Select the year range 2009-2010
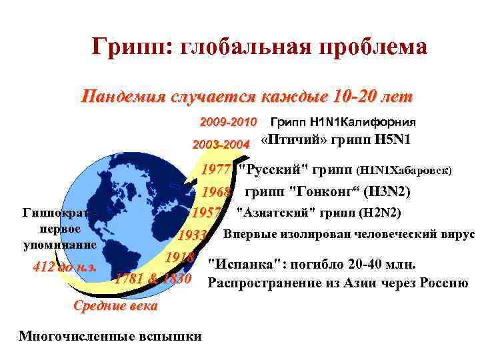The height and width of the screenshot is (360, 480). (x=229, y=123)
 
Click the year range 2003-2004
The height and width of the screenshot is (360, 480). (x=221, y=144)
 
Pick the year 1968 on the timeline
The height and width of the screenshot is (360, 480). (x=216, y=193)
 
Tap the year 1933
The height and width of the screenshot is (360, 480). (x=194, y=236)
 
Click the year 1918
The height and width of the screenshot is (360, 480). (x=181, y=258)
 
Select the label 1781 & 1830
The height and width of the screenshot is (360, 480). (x=153, y=278)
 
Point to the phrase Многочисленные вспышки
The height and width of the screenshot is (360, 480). (x=110, y=335)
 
